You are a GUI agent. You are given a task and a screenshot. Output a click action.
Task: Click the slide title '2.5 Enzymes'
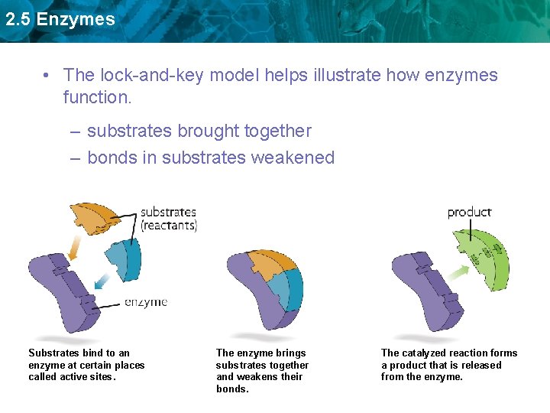[x=60, y=20]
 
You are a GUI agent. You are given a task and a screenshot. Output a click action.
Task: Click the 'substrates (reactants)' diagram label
[x=168, y=218]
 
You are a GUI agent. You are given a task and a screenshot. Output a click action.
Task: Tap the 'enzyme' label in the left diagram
[x=146, y=302]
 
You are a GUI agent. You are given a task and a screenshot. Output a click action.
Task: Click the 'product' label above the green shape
[x=469, y=212]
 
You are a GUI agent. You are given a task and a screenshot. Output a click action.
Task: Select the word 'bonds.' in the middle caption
[x=232, y=389]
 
